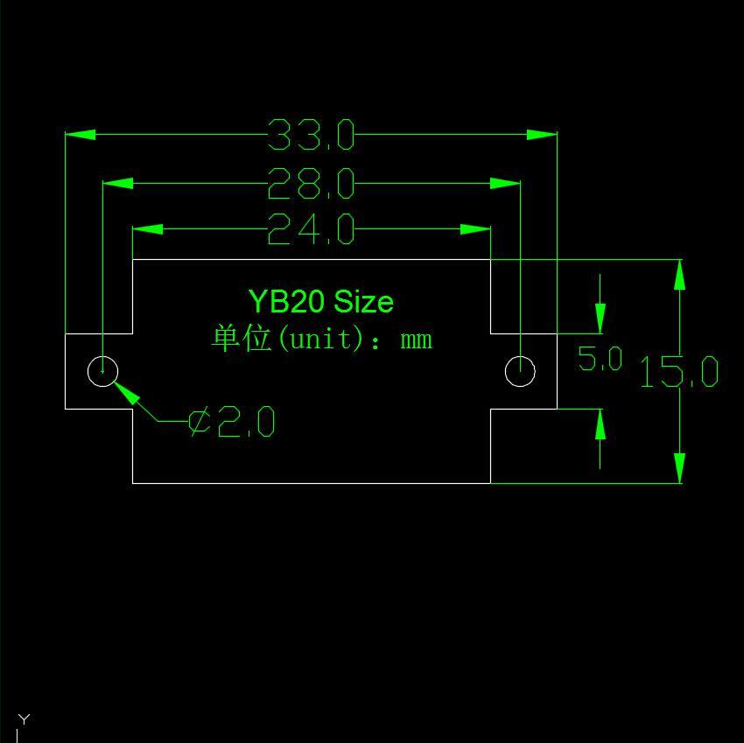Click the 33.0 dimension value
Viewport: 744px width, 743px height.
[x=311, y=136]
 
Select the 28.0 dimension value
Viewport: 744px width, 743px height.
[x=311, y=184]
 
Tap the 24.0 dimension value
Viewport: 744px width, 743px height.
[x=311, y=229]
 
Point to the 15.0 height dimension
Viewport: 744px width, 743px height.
[x=679, y=373]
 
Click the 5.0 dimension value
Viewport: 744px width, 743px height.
[x=600, y=359]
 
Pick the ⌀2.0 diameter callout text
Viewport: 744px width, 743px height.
[x=232, y=423]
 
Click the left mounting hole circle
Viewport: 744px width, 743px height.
[x=103, y=371]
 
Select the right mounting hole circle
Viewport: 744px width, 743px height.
[x=521, y=371]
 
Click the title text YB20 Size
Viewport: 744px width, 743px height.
[x=320, y=302]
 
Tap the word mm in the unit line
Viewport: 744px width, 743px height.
[x=416, y=340]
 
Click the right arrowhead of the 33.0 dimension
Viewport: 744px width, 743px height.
[x=542, y=135]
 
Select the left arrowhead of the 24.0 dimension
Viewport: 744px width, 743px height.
[x=147, y=229]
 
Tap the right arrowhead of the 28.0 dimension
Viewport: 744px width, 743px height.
[x=505, y=184]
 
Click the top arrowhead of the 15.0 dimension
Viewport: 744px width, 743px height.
[x=680, y=275]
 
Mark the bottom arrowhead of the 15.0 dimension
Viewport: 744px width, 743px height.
[x=680, y=467]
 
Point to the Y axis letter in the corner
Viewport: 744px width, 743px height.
[x=24, y=719]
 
